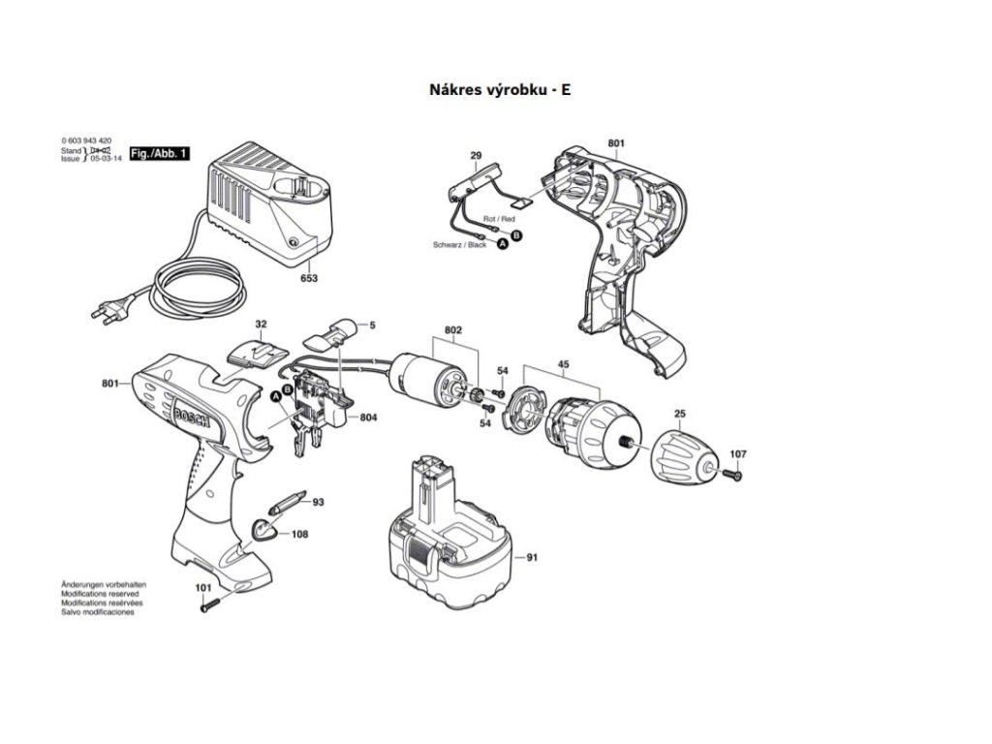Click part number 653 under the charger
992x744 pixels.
coord(309,278)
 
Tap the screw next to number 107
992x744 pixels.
coord(732,474)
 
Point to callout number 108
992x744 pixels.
coord(300,533)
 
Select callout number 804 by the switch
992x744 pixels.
coord(368,418)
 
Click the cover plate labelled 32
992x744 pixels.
coord(257,351)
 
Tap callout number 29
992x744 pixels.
coord(476,155)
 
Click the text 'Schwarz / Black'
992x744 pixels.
coord(460,246)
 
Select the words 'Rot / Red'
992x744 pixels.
coord(499,220)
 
